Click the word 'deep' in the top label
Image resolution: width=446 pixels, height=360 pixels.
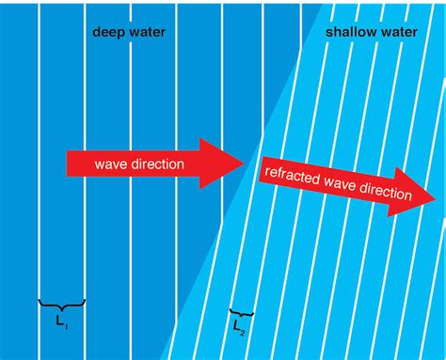point(108,32)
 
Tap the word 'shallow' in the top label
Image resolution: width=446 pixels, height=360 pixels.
point(349,32)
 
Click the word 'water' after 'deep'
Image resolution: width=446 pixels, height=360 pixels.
point(147,32)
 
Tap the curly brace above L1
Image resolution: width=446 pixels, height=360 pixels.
point(62,305)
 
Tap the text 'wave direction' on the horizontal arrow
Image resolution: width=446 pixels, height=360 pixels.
point(139,164)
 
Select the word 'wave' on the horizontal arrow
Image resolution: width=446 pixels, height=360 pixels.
point(110,164)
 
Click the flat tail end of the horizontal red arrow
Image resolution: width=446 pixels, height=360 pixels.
point(68,163)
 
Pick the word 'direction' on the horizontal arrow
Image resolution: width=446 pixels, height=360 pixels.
point(156,164)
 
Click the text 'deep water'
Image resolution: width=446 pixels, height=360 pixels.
point(127,32)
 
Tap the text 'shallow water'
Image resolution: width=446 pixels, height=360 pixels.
point(371,32)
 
